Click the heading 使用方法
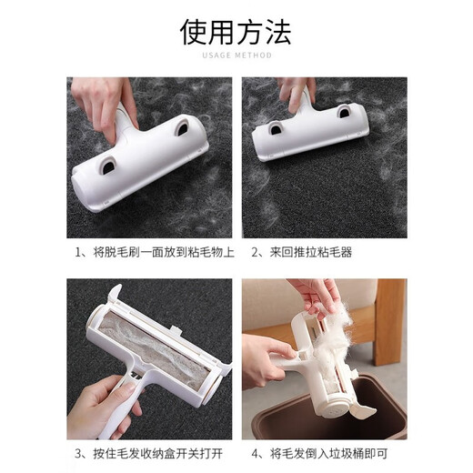[236, 34]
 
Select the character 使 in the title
[195, 34]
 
